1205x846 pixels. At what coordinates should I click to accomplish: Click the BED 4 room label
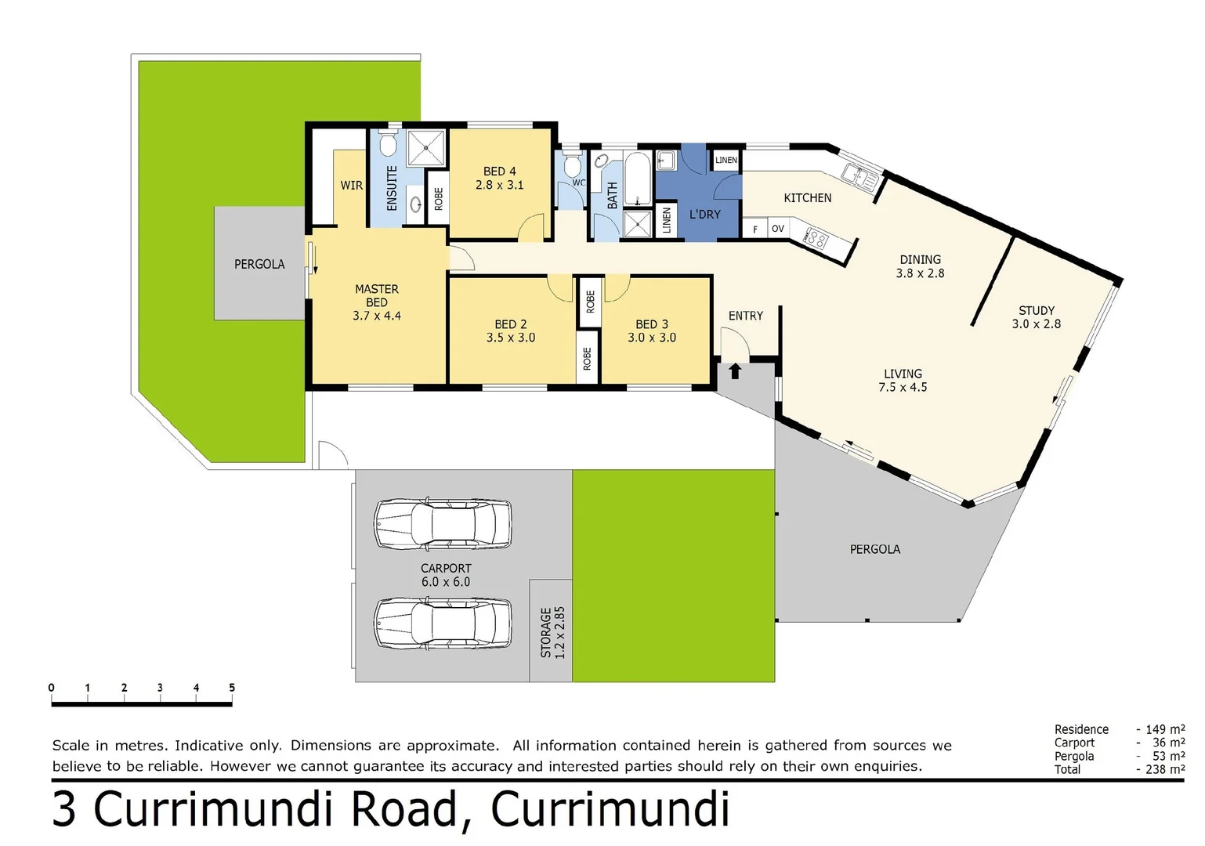499,171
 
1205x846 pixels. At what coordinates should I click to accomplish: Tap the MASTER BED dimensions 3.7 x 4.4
376,316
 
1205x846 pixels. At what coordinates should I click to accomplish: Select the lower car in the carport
443,623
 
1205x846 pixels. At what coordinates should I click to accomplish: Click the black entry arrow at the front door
735,371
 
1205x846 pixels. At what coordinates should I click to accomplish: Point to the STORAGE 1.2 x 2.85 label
552,631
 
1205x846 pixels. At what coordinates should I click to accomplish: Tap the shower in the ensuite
426,148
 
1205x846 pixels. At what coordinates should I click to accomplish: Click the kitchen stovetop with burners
816,238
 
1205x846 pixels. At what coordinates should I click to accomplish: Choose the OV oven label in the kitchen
777,229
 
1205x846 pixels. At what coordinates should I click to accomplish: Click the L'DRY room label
704,214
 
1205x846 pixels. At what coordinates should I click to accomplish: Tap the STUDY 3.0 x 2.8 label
1036,316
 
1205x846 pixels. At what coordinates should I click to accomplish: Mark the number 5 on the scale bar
232,687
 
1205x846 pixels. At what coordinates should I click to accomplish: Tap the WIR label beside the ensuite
351,185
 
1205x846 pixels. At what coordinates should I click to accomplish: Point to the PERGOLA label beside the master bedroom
259,264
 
